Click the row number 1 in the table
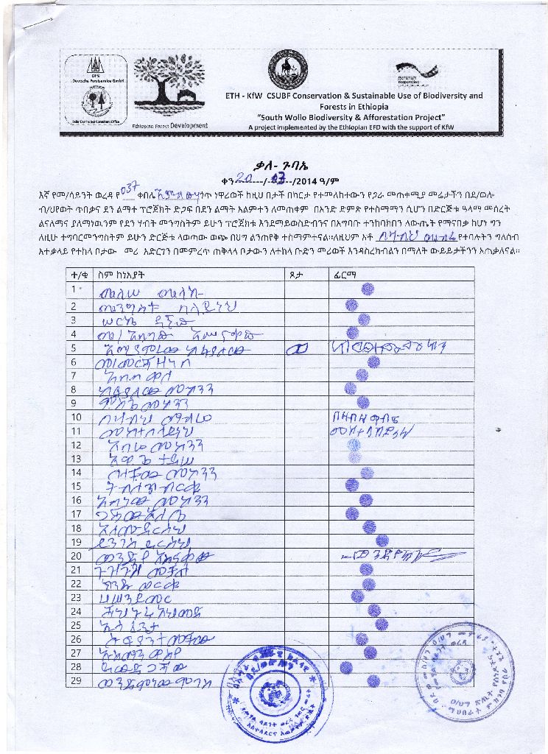tap(74, 289)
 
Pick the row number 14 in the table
tap(75, 473)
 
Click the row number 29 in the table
tap(75, 680)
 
